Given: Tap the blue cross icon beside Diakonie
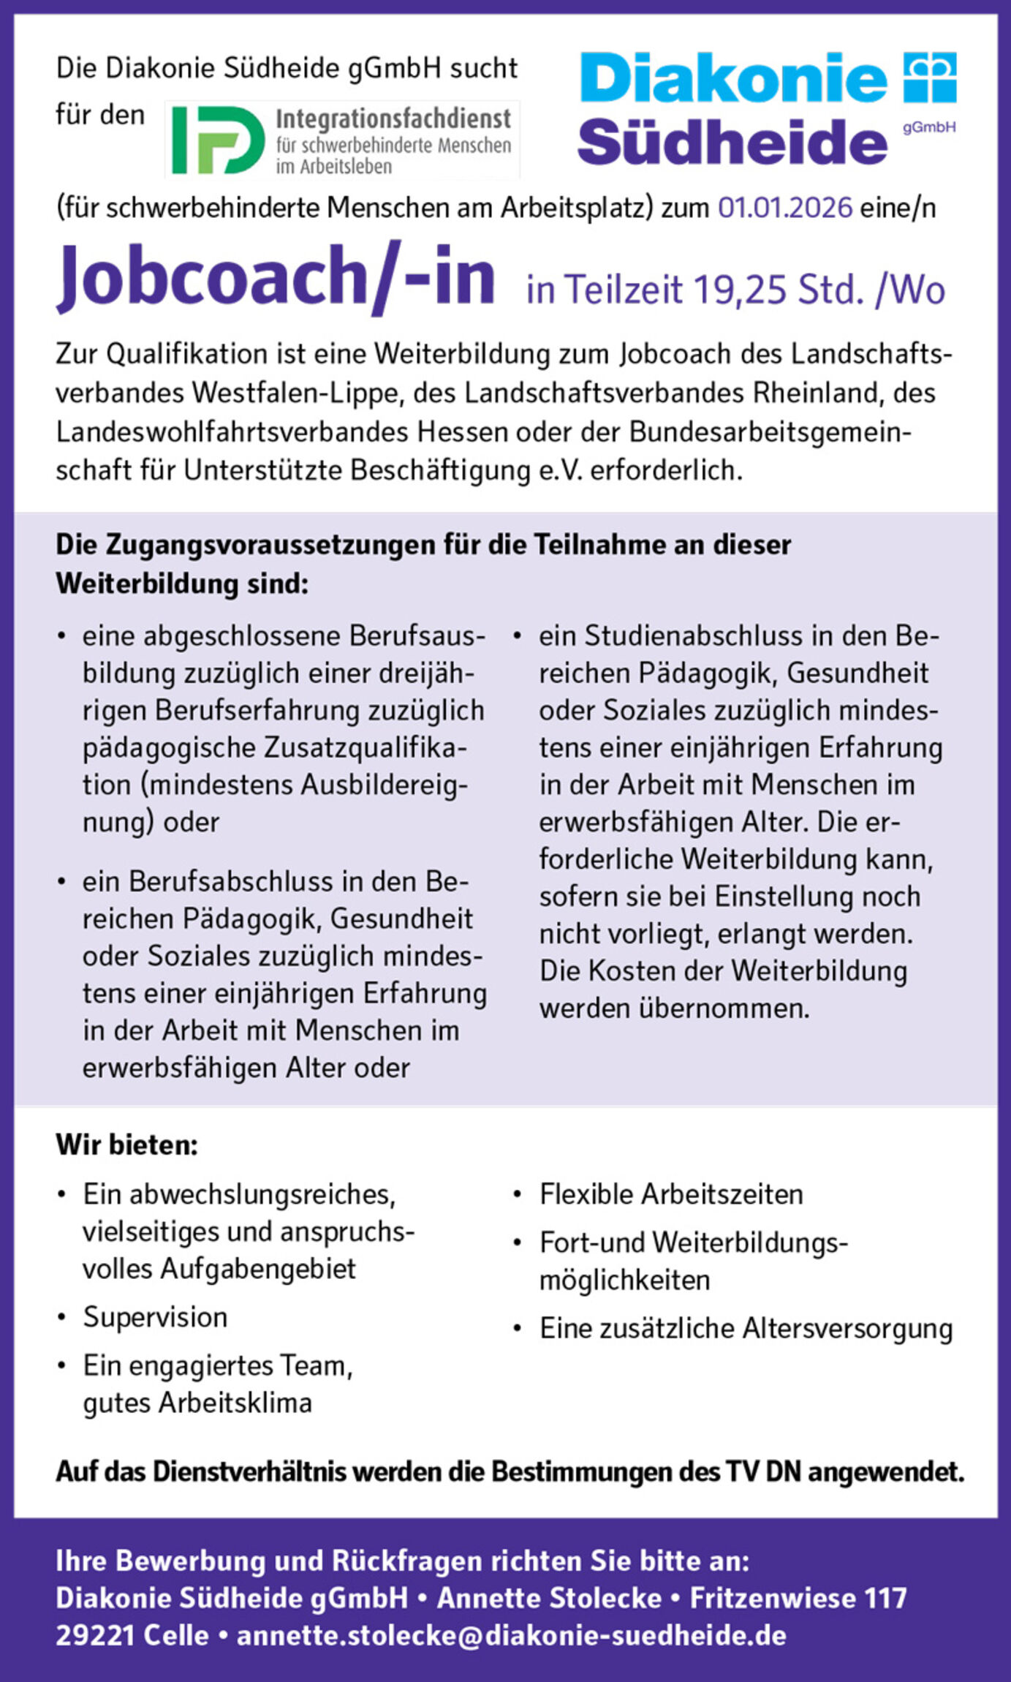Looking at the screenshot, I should coord(929,77).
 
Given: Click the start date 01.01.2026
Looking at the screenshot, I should coord(784,208).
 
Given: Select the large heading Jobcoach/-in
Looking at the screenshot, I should coord(276,276).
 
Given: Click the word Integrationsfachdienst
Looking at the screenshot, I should coord(393,118).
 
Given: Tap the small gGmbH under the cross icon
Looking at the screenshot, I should coord(929,127).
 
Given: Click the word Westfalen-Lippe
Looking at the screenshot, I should coord(297,393).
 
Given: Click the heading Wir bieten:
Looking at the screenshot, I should coord(127,1145).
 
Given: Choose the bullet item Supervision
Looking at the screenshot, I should coord(155,1317).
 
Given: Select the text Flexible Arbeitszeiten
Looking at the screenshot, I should coord(671,1194).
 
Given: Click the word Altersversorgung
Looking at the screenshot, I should coord(847,1329).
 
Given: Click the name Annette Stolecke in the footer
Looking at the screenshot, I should coord(549,1598).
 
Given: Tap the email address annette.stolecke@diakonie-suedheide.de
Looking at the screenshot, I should coord(511,1636).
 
